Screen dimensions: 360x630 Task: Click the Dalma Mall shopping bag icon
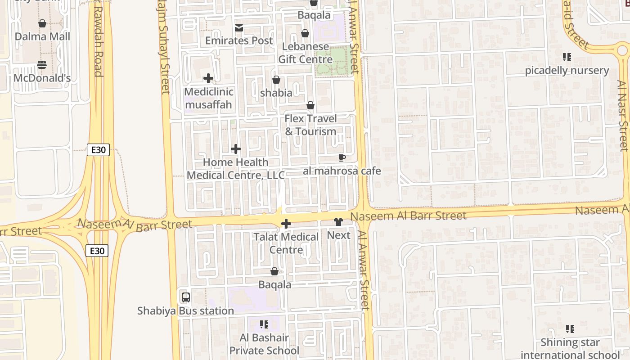pyautogui.click(x=42, y=23)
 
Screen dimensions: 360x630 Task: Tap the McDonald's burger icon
pyautogui.click(x=42, y=65)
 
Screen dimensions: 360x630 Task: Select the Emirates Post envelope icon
pyautogui.click(x=239, y=28)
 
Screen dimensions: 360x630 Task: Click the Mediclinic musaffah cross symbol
pyautogui.click(x=208, y=79)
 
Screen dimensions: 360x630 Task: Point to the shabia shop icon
pyautogui.click(x=276, y=80)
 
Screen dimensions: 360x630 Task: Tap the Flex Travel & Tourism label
pyautogui.click(x=310, y=125)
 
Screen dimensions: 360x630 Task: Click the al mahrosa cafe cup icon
pyautogui.click(x=342, y=158)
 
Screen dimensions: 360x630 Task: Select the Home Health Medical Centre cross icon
pyautogui.click(x=235, y=149)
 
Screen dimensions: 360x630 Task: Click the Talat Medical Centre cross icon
pyautogui.click(x=286, y=224)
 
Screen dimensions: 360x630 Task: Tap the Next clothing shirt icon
pyautogui.click(x=338, y=222)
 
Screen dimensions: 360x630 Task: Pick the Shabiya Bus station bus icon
pyautogui.click(x=185, y=297)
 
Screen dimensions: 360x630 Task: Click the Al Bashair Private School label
pyautogui.click(x=264, y=344)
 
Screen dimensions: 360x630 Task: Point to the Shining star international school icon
pyautogui.click(x=570, y=329)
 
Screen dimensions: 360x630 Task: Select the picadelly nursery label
pyautogui.click(x=567, y=71)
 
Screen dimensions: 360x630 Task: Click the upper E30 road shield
pyautogui.click(x=98, y=150)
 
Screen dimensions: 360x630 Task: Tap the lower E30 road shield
pyautogui.click(x=97, y=251)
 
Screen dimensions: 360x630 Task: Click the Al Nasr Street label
pyautogui.click(x=622, y=116)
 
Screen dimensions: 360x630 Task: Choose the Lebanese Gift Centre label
pyautogui.click(x=306, y=53)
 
